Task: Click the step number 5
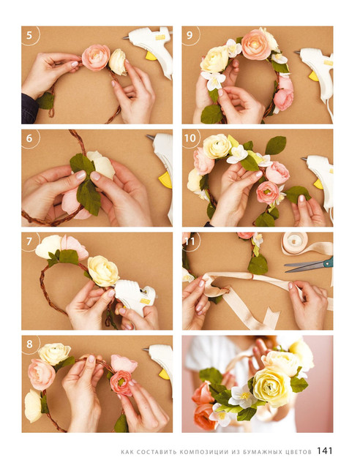click(x=29, y=35)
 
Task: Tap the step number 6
click(x=29, y=138)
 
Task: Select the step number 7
click(x=29, y=241)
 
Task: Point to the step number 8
click(x=29, y=344)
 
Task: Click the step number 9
click(x=190, y=35)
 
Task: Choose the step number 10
click(x=190, y=138)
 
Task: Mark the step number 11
click(x=190, y=241)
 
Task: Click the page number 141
click(x=325, y=450)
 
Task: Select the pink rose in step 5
click(x=96, y=57)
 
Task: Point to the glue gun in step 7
click(x=135, y=296)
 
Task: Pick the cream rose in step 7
click(x=103, y=271)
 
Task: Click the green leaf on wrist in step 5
click(x=45, y=101)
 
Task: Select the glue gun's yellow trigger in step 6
click(x=165, y=180)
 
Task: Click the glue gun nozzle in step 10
click(x=304, y=159)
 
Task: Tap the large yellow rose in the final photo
click(x=272, y=387)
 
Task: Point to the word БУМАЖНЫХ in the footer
click(x=261, y=452)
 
